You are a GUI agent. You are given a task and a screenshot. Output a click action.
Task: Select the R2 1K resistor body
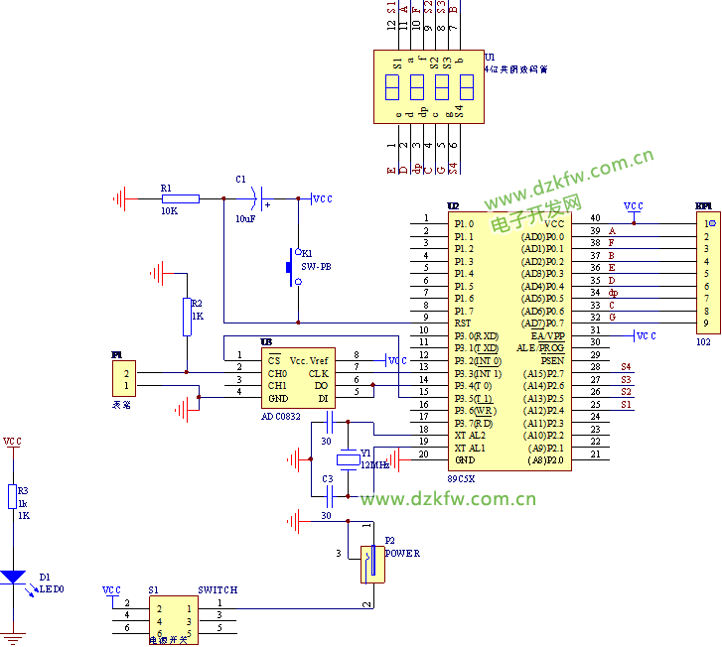point(186,315)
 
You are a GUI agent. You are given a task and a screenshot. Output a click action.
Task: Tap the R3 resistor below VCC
point(12,497)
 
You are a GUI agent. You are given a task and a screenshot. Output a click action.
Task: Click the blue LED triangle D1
point(13,577)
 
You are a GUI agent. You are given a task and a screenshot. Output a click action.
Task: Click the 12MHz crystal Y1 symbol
point(348,459)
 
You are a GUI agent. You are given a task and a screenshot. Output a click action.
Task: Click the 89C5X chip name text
point(461,478)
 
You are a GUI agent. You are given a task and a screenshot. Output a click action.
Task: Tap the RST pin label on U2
point(463,323)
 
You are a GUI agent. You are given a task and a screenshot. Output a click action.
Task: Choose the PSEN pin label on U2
point(552,360)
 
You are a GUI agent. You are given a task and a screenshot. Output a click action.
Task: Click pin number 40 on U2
point(595,217)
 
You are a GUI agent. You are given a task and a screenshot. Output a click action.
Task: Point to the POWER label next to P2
point(402,553)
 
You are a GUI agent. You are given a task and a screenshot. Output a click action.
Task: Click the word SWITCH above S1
point(217,589)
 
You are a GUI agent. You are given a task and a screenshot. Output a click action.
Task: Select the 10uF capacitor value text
point(243,217)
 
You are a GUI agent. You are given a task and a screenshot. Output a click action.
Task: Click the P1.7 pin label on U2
point(464,311)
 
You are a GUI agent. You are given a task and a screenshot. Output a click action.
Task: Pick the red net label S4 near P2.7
point(626,367)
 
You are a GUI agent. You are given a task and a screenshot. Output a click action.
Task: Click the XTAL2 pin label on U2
point(471,435)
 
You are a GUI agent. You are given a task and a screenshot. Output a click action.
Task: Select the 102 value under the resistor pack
point(704,340)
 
